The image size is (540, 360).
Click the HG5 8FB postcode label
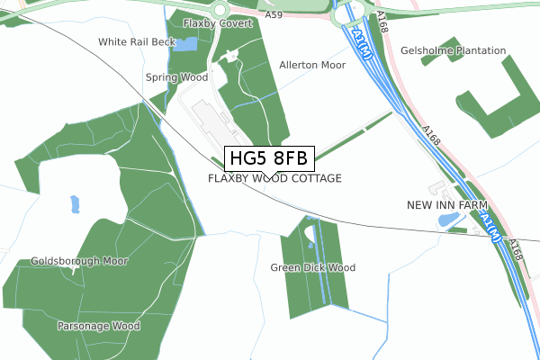[x=268, y=159]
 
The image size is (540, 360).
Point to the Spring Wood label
[x=176, y=77]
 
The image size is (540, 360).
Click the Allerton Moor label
[x=312, y=66]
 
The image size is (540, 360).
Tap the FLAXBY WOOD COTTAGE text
[x=274, y=178]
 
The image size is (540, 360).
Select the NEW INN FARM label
[x=447, y=205]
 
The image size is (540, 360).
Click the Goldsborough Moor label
[x=79, y=261]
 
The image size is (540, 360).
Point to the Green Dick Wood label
[x=313, y=267]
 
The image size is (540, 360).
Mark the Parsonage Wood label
[x=99, y=325]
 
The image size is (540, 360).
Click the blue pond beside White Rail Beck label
[x=184, y=44]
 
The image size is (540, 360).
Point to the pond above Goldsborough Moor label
[x=73, y=205]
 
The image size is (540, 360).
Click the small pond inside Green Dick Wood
[x=310, y=238]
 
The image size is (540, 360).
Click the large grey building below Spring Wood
[x=210, y=117]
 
